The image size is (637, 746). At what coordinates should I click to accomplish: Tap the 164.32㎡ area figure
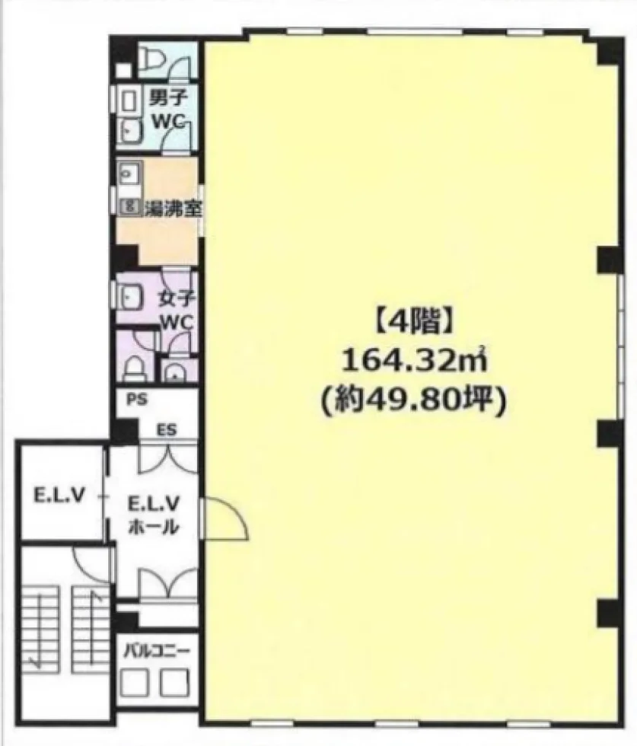(x=414, y=362)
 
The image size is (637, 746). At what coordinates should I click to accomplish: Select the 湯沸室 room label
(x=173, y=209)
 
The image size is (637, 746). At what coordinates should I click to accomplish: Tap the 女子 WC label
(x=177, y=311)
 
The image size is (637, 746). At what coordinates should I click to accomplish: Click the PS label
(x=137, y=400)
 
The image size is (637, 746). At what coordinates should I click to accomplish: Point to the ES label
(x=167, y=431)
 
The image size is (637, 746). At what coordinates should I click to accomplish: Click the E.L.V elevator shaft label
(x=59, y=496)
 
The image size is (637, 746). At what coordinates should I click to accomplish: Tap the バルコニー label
(x=157, y=650)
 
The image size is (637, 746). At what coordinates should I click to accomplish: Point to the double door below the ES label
(x=167, y=458)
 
